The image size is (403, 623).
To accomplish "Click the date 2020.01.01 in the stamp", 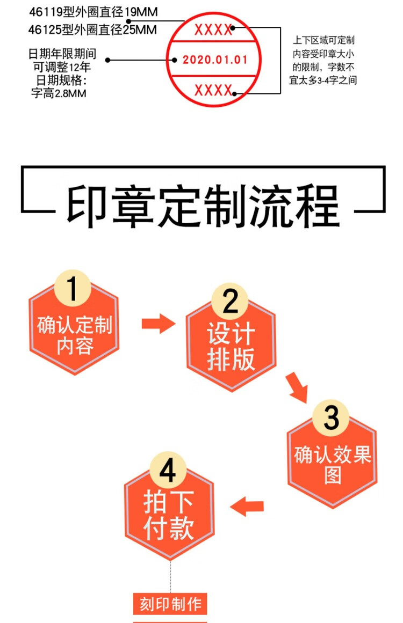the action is coord(215,60).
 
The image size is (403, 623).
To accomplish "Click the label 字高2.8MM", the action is coord(60,92).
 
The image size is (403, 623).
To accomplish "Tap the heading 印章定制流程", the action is coord(203,205).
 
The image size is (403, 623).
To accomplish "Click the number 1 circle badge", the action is coord(73,287).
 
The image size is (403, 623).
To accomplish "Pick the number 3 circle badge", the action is coord(331,417).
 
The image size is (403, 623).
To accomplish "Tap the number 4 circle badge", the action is coord(168,472).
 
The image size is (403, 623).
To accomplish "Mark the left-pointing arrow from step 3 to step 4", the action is coord(247,505).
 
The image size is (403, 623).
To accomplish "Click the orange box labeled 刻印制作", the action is coord(170,604).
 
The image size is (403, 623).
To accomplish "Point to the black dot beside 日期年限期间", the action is coord(108,60).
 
